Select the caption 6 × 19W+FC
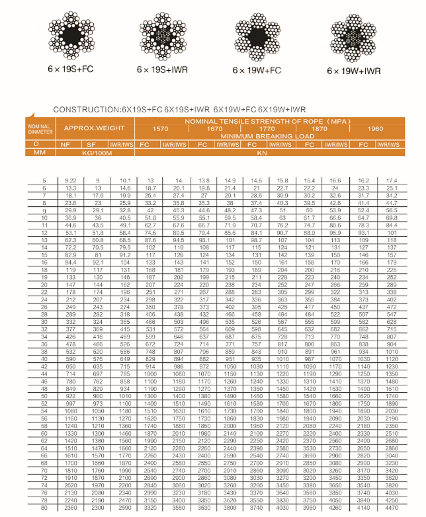point(258,69)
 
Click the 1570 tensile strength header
point(161,128)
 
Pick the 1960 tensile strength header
point(376,128)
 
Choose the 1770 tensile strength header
point(267,128)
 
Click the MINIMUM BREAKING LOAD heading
point(268,136)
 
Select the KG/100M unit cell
point(95,152)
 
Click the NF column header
point(65,143)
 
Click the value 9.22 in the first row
point(71,180)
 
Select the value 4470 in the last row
point(392,508)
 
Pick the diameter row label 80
point(45,508)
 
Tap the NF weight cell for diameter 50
point(70,395)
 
